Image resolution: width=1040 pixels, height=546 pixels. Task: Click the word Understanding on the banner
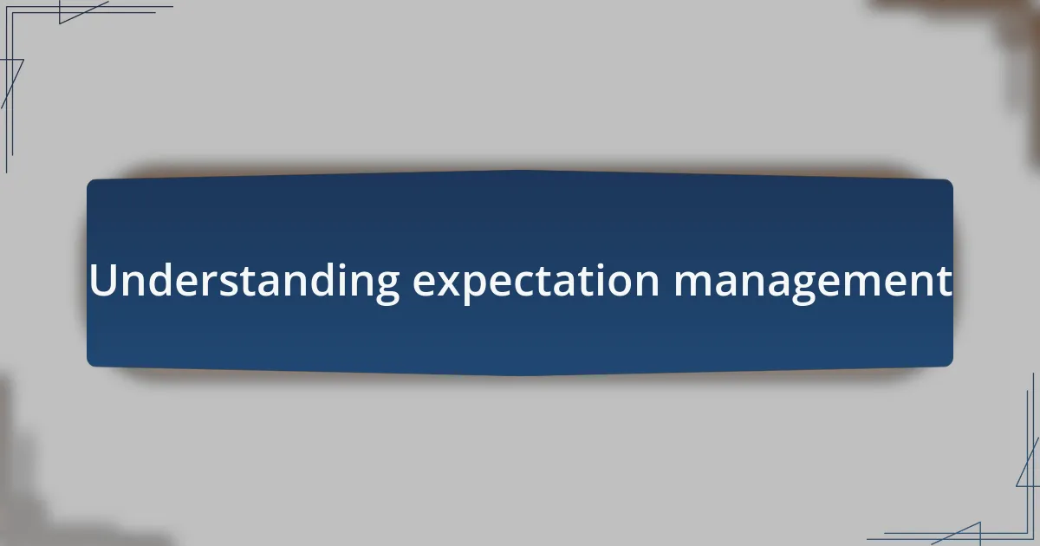click(x=244, y=281)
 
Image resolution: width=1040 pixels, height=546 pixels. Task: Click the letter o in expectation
click(x=620, y=284)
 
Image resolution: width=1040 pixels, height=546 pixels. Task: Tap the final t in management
click(x=944, y=283)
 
